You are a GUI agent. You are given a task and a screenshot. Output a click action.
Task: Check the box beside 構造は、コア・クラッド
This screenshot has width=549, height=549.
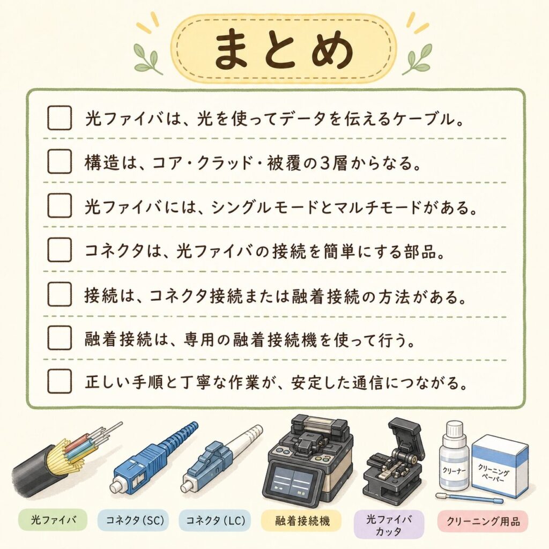click(x=60, y=161)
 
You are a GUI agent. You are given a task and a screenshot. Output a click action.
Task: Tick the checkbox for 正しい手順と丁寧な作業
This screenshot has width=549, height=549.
click(x=60, y=381)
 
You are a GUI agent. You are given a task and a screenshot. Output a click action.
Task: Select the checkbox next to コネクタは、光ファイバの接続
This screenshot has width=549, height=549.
click(x=60, y=250)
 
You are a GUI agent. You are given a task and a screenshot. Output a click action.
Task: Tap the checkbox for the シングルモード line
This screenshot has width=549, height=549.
click(x=60, y=205)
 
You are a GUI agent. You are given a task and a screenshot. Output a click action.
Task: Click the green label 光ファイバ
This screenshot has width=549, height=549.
click(x=53, y=520)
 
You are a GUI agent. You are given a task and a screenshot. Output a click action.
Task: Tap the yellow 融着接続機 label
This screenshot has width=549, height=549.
click(x=302, y=521)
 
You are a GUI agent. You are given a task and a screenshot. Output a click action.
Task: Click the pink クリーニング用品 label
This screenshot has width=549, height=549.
click(x=483, y=521)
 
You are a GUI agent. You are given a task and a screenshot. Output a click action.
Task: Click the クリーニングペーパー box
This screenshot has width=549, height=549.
click(x=499, y=466)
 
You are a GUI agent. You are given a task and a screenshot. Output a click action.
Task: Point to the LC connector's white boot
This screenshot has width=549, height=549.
click(x=244, y=441)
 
